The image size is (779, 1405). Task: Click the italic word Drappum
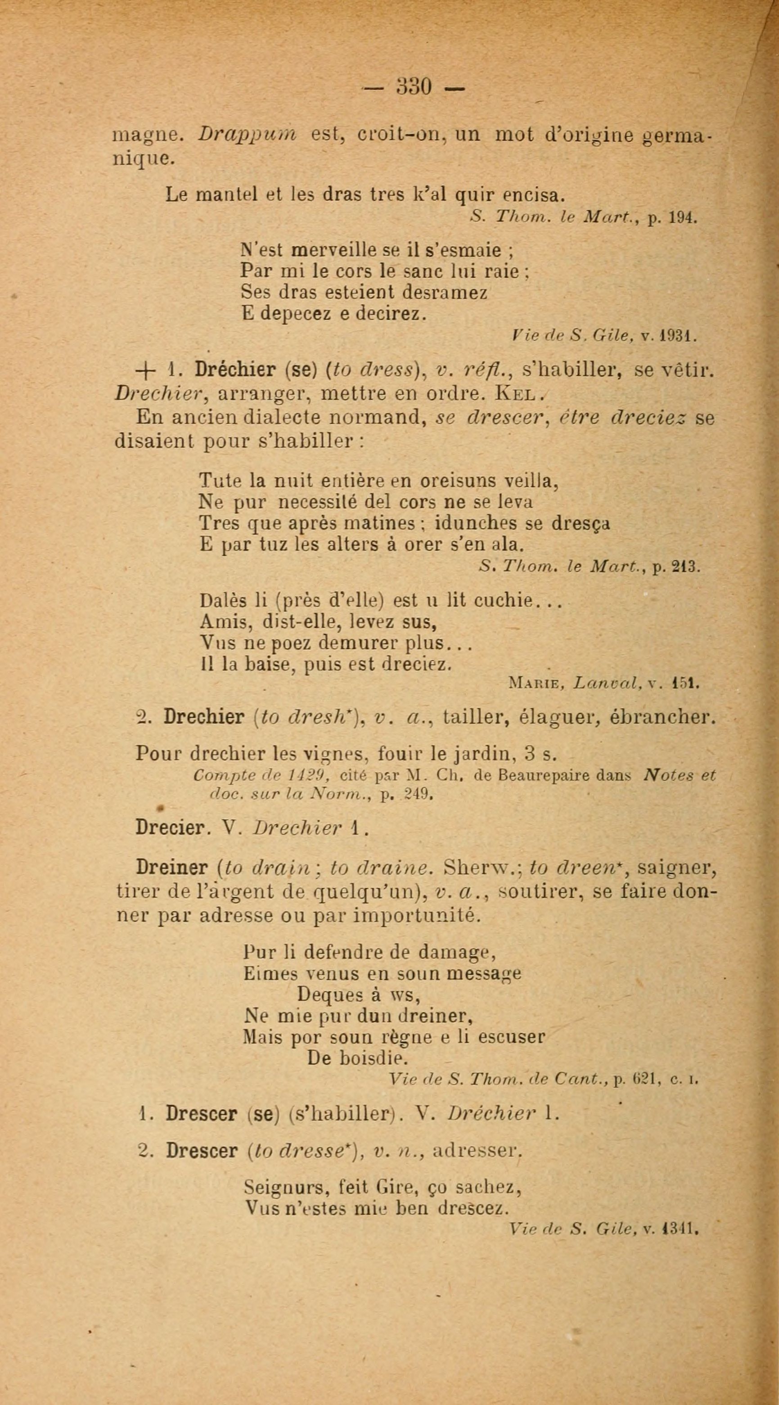pos(247,134)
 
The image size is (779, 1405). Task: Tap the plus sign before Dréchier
pos(146,370)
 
